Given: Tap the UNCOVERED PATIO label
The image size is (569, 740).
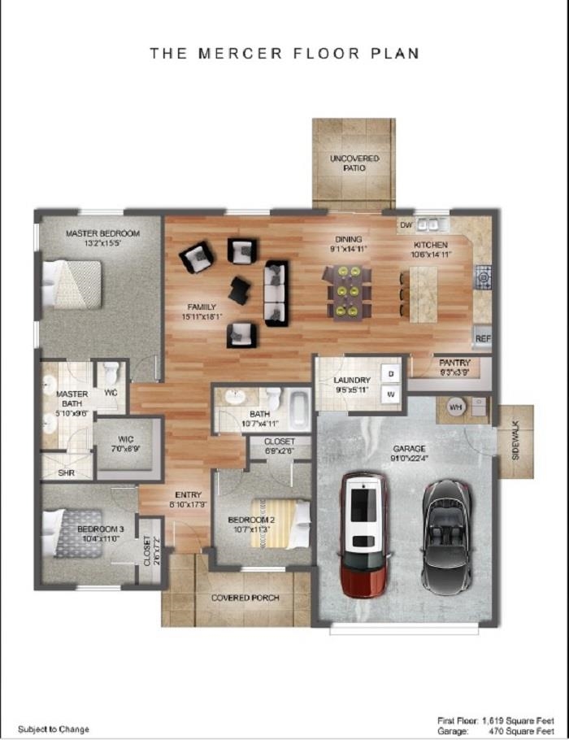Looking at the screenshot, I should point(354,162).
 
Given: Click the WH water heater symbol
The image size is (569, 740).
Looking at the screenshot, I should point(455,406).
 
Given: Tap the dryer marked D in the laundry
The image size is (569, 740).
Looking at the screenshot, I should point(390,373).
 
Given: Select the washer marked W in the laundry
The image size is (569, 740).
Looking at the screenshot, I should point(390,394).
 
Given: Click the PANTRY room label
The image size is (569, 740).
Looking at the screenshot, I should point(454,363).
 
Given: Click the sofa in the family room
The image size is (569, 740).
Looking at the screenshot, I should point(276,292).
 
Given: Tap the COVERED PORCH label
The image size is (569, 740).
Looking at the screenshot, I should point(245,598).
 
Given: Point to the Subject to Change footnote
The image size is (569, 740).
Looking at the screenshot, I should point(54,729).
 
